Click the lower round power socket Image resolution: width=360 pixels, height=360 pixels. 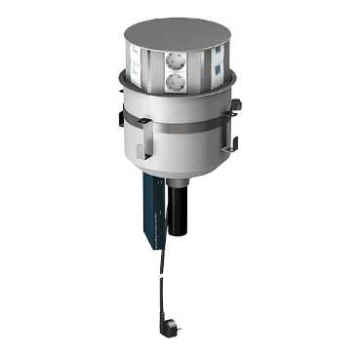pos(175,82)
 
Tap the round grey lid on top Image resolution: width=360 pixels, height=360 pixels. pos(179,32)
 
